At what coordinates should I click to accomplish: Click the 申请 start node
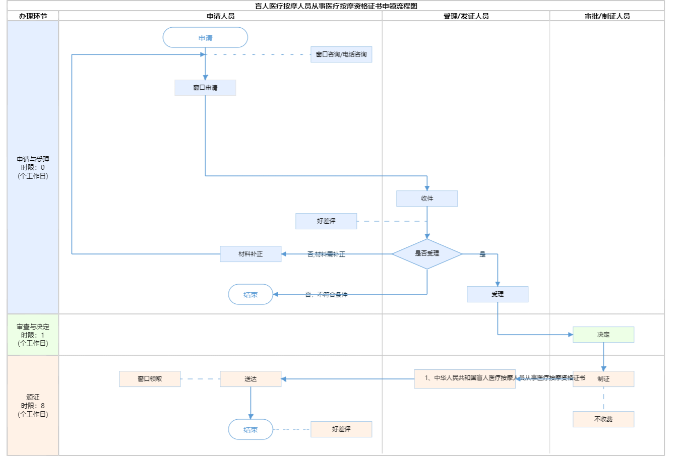coord(205,38)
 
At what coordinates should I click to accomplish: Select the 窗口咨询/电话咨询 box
coord(341,54)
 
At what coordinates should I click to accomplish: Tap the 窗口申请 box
coord(205,88)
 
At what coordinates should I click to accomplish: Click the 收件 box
coord(427,199)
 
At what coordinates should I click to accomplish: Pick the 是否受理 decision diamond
coord(427,253)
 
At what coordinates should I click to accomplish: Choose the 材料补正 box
coord(251,254)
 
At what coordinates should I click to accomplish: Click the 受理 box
coord(498,294)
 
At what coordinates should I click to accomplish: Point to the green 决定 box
coord(603,335)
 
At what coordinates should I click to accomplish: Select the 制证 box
coord(603,379)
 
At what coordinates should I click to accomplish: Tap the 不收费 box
coord(603,419)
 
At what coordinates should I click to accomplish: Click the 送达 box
coord(251,379)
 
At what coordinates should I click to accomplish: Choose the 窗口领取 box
coord(150,379)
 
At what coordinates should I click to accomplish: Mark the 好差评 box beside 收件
coord(326,221)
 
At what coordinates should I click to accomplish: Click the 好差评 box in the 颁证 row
coord(341,429)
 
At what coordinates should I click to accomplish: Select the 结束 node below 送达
coord(251,430)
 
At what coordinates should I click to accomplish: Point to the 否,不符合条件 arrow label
coord(326,294)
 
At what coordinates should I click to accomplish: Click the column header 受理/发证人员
coord(466,16)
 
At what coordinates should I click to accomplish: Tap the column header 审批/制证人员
coord(607,16)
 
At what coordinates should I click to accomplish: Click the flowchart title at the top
coord(336,6)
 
